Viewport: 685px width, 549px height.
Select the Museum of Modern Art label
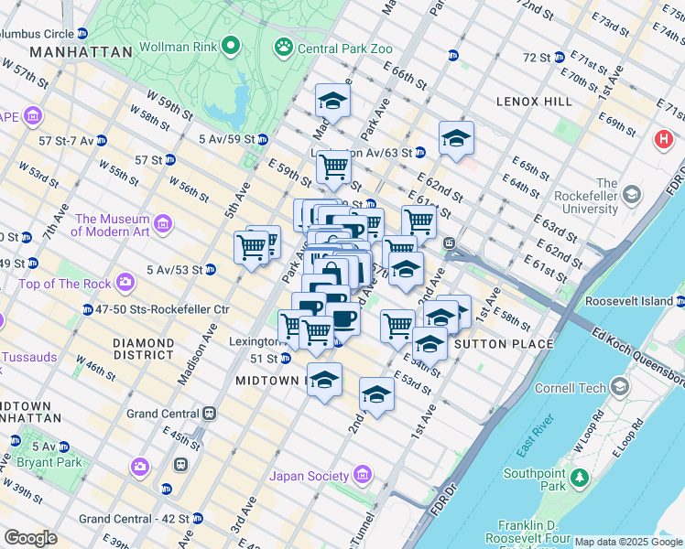(x=112, y=225)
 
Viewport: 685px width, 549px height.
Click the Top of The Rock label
(x=65, y=284)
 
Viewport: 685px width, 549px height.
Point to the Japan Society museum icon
(x=363, y=475)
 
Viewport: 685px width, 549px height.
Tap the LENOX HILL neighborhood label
(x=533, y=101)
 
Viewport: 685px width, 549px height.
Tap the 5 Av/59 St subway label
(x=225, y=139)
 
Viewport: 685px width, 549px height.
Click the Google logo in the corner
(x=30, y=538)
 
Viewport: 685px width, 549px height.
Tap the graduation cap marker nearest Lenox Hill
(x=455, y=139)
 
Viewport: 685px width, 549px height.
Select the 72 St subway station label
(x=536, y=57)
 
